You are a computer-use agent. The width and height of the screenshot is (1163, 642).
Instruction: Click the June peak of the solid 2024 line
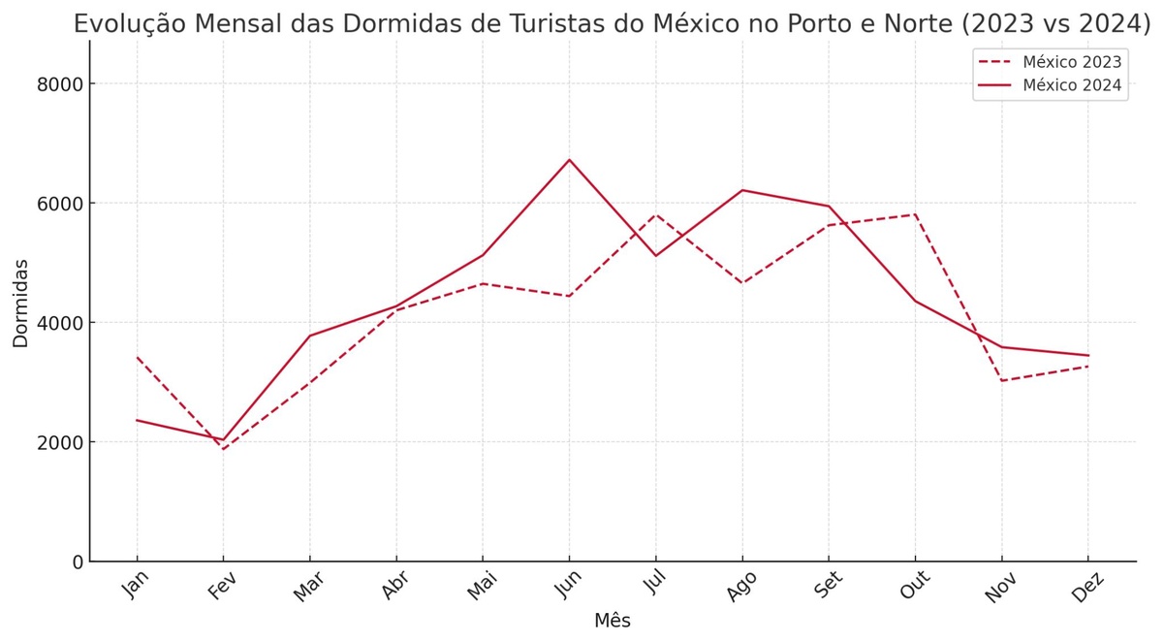[x=569, y=160]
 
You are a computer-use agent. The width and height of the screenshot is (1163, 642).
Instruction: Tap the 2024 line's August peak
[x=742, y=190]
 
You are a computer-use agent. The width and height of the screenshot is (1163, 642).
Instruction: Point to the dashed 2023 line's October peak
[x=915, y=214]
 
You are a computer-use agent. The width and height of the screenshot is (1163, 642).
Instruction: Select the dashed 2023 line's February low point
[x=223, y=449]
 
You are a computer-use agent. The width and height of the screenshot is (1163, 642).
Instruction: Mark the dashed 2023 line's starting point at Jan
[x=137, y=358]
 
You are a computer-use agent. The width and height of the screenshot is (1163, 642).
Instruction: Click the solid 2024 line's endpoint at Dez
[x=1088, y=355]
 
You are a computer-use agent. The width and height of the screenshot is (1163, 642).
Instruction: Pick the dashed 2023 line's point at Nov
[x=1001, y=380]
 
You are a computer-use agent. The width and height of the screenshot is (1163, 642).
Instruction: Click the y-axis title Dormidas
[x=21, y=303]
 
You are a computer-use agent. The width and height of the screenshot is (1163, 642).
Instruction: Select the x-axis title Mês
[x=613, y=621]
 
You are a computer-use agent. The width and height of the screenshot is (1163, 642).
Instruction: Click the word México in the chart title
[x=700, y=24]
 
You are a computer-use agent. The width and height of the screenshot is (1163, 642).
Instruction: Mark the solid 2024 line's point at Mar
[x=309, y=336]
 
